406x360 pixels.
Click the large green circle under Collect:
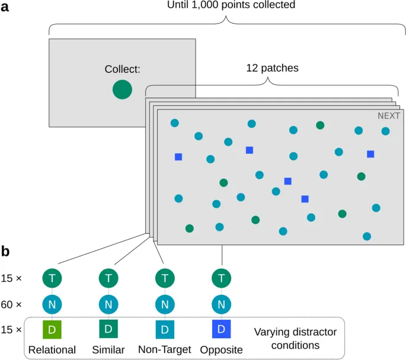(x=122, y=90)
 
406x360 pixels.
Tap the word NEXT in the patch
(x=389, y=116)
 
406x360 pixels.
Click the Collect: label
(x=123, y=70)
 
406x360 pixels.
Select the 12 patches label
(x=272, y=68)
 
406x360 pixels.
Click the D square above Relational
(x=52, y=329)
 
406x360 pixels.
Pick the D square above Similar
(x=108, y=329)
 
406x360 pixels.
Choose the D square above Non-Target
(x=164, y=329)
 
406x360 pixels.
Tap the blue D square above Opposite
(x=222, y=329)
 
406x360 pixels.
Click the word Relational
(x=52, y=349)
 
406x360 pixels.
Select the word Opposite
(x=222, y=349)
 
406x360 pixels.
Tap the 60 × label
(x=12, y=304)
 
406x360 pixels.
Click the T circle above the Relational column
(x=52, y=277)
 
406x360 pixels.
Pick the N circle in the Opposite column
(x=222, y=304)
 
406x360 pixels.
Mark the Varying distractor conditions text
(x=295, y=338)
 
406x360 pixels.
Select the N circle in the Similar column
(x=108, y=304)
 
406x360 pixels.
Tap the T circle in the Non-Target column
(x=164, y=277)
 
